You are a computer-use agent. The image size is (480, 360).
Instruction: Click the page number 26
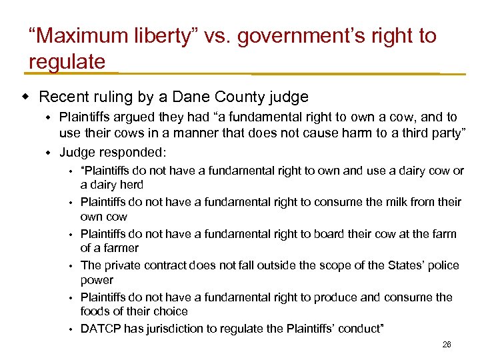pos(446,345)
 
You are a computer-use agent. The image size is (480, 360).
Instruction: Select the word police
pos(443,265)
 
